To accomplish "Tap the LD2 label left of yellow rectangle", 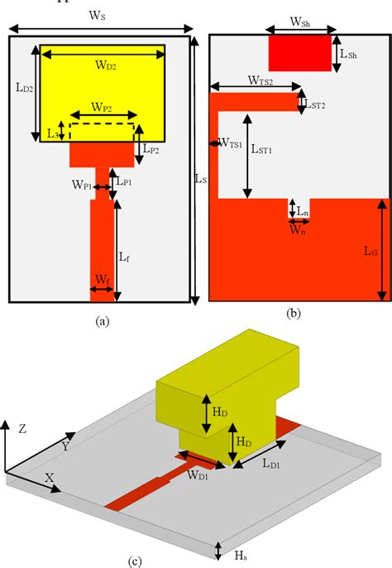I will click(x=22, y=85).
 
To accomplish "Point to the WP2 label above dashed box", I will click(x=103, y=106).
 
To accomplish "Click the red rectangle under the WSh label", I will click(x=299, y=54).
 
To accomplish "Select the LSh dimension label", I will click(x=349, y=55).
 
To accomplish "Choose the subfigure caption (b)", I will click(x=293, y=314).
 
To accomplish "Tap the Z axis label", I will click(x=23, y=428).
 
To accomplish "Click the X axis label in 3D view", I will click(x=50, y=478).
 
